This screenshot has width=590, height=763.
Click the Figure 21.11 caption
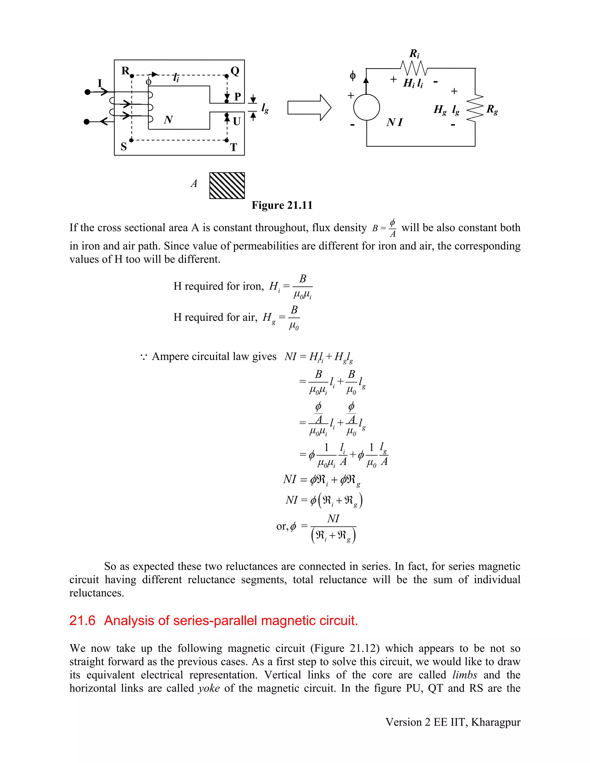click(282, 205)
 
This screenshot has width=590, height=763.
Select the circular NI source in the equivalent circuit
click(366, 107)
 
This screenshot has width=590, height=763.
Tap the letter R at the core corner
click(125, 71)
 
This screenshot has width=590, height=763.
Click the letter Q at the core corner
click(235, 71)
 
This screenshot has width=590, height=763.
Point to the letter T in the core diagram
click(233, 147)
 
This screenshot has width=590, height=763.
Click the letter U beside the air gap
click(237, 122)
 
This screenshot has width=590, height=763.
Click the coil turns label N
click(168, 120)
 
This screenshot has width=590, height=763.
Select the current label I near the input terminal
click(100, 83)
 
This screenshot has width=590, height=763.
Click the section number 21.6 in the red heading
click(82, 620)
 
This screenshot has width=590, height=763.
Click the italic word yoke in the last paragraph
click(209, 688)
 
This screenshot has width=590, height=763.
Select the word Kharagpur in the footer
click(496, 722)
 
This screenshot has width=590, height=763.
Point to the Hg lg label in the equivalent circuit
click(446, 110)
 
